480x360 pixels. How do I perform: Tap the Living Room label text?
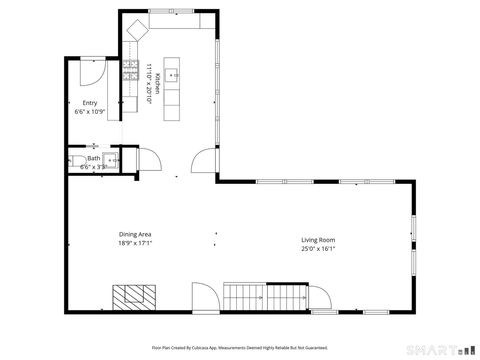318,240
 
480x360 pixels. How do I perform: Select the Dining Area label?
134,234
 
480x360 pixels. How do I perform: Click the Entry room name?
89,103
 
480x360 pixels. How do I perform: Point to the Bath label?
93,158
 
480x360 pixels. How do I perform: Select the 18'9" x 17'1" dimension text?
134,242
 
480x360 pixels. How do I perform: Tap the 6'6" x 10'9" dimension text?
89,112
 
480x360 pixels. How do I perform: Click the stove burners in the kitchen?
130,69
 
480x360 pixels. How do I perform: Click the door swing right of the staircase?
321,297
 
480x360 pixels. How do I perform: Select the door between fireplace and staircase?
203,296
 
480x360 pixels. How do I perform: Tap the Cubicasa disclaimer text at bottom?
239,347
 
